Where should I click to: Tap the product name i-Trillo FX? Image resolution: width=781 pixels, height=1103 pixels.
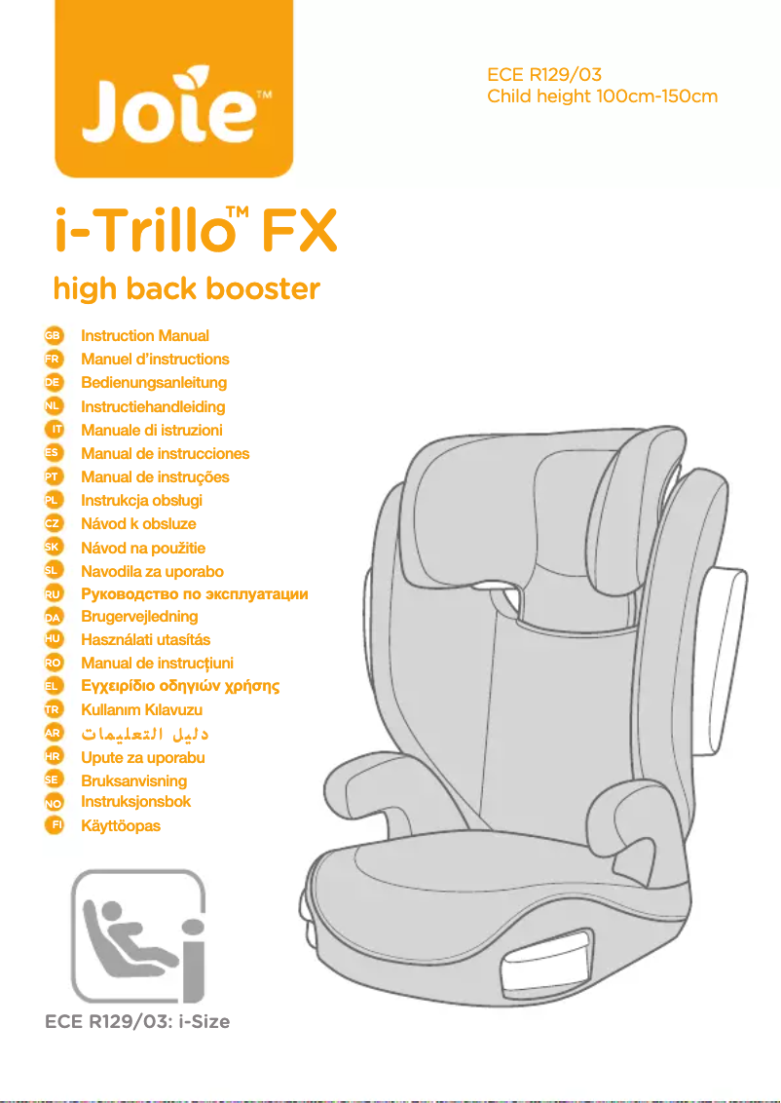pos(195,232)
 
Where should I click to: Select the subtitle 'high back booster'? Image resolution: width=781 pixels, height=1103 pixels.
pos(186,289)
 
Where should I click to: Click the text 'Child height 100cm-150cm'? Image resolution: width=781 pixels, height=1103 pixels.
pos(602,96)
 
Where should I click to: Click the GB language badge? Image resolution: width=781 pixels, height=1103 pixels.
pos(55,335)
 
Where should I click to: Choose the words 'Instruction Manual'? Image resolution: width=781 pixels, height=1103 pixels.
pos(145,335)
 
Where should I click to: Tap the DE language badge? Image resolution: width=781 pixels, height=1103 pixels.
pos(55,382)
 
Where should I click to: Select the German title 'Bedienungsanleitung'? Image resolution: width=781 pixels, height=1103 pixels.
pos(154,382)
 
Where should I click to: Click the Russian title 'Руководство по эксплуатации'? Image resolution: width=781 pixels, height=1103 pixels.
pos(195,593)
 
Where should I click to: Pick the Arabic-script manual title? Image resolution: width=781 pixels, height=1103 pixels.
pos(145,733)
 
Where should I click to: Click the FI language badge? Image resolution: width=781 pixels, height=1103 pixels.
pos(56,825)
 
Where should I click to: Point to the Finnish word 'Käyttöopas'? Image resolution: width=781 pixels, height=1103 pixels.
pos(121,825)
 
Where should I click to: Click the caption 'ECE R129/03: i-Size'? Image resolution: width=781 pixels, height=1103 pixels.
pos(137,1022)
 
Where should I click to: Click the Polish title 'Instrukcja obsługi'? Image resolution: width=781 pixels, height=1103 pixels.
pos(142,500)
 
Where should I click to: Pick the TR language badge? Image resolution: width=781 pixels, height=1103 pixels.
pos(55,709)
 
